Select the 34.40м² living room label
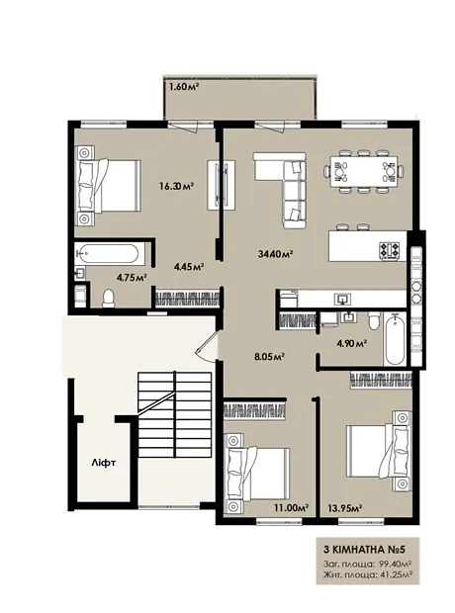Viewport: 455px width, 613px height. (x=276, y=254)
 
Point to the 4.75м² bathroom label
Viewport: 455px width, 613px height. (x=132, y=277)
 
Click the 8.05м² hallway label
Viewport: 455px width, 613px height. (x=269, y=356)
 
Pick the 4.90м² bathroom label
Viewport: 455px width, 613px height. (x=351, y=344)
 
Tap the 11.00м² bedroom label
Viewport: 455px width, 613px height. (x=291, y=507)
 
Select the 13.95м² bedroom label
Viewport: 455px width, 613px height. (x=344, y=507)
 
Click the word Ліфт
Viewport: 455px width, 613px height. (x=103, y=463)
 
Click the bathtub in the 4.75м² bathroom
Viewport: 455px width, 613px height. (x=107, y=253)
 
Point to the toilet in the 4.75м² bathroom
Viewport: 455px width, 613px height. (x=108, y=299)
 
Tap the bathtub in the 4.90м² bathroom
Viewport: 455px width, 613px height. (x=395, y=339)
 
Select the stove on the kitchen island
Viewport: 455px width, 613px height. (x=390, y=250)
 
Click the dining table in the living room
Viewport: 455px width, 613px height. (x=363, y=171)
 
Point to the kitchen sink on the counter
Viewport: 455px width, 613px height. (x=342, y=300)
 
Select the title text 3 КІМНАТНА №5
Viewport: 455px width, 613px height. (x=365, y=550)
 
